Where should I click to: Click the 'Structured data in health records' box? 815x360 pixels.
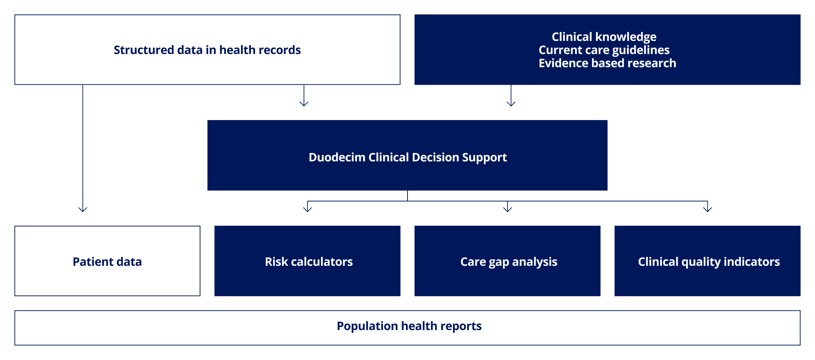point(207,50)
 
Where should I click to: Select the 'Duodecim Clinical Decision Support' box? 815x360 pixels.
point(407,155)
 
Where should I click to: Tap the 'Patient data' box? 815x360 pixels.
point(107,261)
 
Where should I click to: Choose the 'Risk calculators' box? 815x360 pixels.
point(307,261)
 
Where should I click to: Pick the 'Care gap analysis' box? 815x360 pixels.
point(508,261)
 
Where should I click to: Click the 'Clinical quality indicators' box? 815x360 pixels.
point(708,261)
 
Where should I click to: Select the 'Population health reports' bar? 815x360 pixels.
point(407,328)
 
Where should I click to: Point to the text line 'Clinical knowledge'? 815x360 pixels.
point(604,37)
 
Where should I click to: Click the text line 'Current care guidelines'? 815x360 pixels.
point(604,50)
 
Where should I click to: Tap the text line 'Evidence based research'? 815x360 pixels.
point(608,63)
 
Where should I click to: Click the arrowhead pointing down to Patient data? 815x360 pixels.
point(83,210)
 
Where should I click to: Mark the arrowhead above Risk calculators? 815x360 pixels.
point(307,210)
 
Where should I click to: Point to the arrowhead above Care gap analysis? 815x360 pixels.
point(508,210)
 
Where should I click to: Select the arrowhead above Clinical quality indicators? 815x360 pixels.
point(708,210)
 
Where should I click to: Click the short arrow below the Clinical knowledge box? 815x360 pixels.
point(511,96)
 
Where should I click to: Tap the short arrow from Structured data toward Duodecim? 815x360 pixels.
point(304,96)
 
